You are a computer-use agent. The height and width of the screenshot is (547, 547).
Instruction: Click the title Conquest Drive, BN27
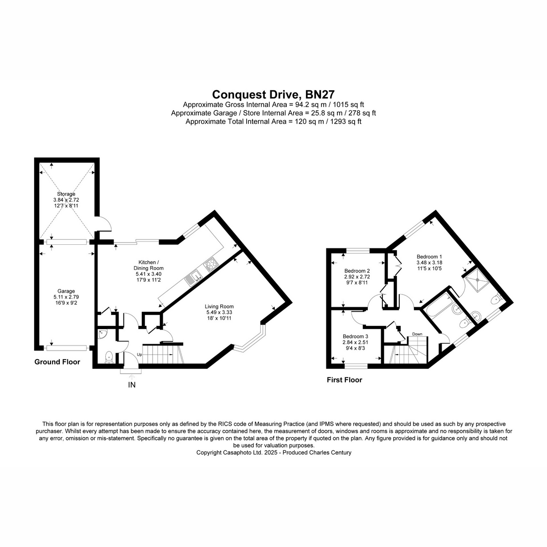coord(273,94)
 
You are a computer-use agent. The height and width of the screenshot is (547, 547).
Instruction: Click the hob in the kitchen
coord(211,264)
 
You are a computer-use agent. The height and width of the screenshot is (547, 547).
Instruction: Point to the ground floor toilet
coord(109,357)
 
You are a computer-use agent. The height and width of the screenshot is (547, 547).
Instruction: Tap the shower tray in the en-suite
coord(478,279)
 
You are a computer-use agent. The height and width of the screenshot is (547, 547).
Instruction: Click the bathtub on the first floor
coord(437,305)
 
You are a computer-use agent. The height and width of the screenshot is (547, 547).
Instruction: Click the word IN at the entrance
coord(132,385)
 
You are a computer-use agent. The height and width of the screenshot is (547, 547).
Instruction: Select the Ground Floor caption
coord(57,361)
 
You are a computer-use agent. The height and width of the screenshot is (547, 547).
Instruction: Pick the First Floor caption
coord(344,380)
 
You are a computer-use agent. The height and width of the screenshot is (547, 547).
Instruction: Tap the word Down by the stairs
coord(417,334)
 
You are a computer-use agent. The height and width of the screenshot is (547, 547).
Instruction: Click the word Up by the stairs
coord(139,355)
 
